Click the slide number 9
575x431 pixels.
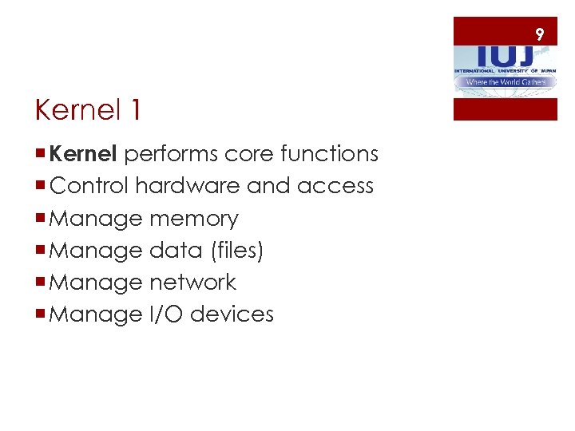pyautogui.click(x=540, y=34)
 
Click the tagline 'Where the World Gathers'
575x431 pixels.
pyautogui.click(x=506, y=82)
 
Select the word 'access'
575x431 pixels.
pyautogui.click(x=335, y=186)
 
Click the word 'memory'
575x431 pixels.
pyautogui.click(x=193, y=218)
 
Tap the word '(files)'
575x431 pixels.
pyautogui.click(x=236, y=250)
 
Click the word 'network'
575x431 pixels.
pyautogui.click(x=192, y=282)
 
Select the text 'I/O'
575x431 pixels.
pyautogui.click(x=166, y=314)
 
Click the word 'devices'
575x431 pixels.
pyautogui.click(x=232, y=314)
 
